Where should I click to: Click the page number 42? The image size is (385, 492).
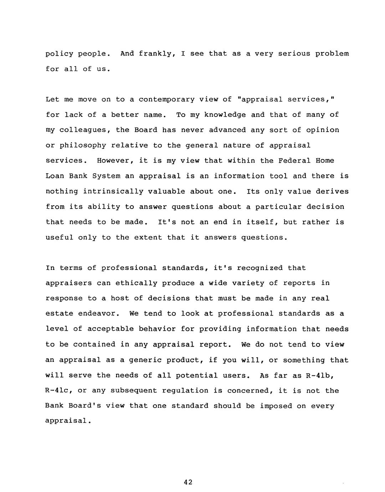(x=188, y=482)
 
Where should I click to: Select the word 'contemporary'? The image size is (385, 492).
(x=166, y=99)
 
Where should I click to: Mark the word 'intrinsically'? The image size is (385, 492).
(x=113, y=191)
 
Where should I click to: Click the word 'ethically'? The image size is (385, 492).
(x=136, y=283)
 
